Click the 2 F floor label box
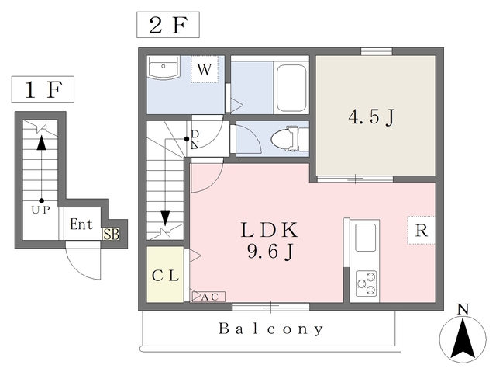click(168, 26)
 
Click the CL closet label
click(165, 276)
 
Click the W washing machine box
click(204, 70)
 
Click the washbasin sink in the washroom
click(164, 68)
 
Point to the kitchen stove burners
click(364, 283)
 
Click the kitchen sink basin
click(364, 237)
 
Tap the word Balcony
click(270, 329)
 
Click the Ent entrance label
click(81, 225)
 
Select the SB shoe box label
click(112, 232)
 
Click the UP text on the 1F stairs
click(41, 210)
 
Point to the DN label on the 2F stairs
click(195, 139)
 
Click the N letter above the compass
click(463, 309)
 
